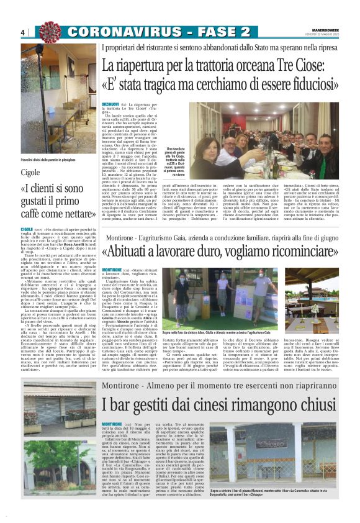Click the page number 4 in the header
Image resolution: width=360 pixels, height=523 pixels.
22,32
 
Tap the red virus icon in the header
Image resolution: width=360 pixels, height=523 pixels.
47,31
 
